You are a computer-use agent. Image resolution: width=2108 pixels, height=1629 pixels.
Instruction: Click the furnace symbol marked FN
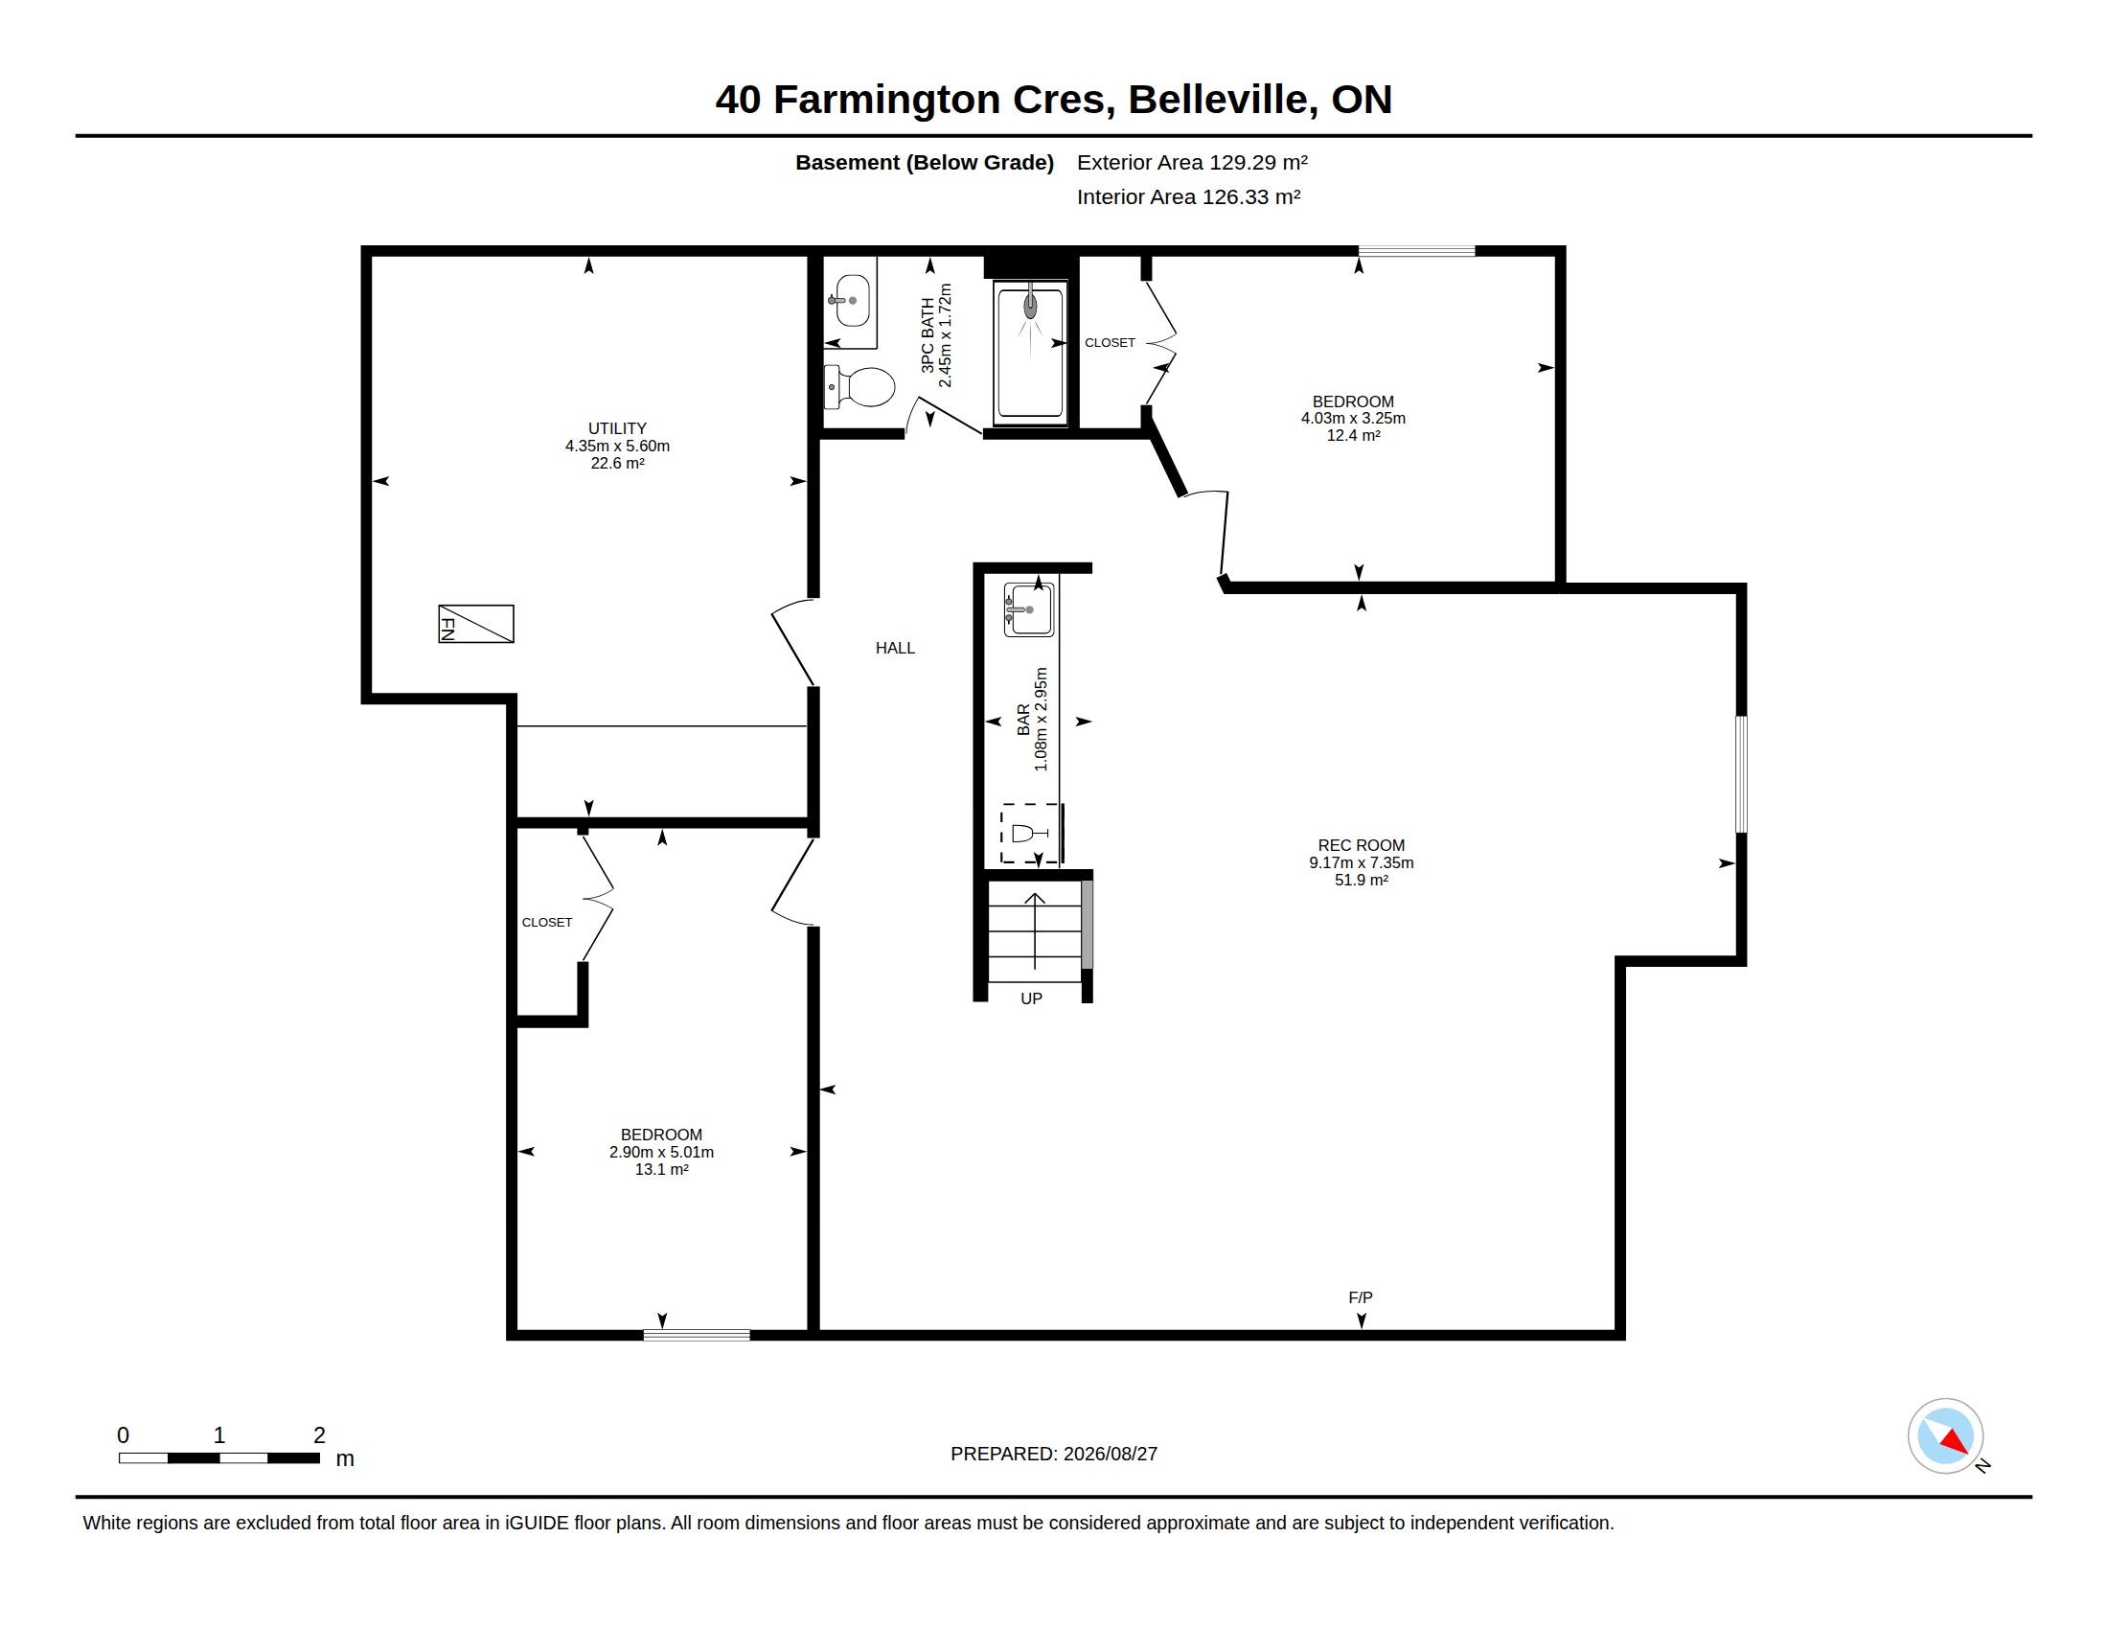(476, 624)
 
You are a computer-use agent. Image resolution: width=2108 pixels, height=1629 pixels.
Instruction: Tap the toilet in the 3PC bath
(859, 387)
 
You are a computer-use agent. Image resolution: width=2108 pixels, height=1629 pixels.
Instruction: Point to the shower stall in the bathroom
(1030, 353)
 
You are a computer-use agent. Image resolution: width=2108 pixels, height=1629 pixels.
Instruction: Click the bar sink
(1029, 608)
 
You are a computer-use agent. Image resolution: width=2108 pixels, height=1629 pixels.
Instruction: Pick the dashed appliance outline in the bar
(1030, 833)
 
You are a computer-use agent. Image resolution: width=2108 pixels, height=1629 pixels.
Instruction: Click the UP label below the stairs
(1031, 998)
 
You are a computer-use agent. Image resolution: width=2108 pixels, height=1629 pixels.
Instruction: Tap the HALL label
(895, 649)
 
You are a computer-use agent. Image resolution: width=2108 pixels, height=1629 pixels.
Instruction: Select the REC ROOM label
(1361, 845)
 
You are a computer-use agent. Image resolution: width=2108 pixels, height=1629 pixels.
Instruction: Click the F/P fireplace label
(1360, 1298)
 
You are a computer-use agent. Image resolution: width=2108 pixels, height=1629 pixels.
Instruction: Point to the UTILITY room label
(618, 428)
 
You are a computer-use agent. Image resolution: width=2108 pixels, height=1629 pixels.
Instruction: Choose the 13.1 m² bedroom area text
(661, 1170)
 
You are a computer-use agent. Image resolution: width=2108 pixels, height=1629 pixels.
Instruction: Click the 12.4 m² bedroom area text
(1353, 435)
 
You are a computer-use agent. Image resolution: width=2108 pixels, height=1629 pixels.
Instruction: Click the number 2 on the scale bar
(319, 1435)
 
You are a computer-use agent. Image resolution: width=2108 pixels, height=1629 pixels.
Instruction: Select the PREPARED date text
(1054, 1454)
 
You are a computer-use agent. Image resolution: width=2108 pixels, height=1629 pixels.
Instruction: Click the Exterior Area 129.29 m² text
(1192, 162)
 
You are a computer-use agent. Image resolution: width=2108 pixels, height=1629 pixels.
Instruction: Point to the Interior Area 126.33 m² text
(1188, 196)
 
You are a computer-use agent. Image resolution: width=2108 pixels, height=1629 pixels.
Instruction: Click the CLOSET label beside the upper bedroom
(1110, 343)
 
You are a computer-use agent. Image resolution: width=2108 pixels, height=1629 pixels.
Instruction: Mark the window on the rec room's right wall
(1741, 774)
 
